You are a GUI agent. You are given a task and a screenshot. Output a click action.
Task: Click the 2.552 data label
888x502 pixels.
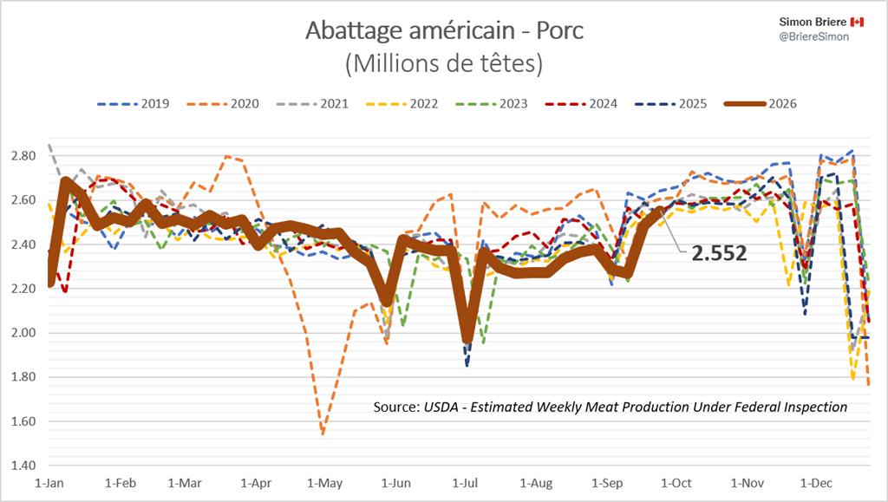pos(719,253)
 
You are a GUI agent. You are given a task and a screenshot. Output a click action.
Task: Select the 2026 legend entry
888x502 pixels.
pos(761,103)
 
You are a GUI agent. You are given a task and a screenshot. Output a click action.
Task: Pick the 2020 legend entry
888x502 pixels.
pos(223,103)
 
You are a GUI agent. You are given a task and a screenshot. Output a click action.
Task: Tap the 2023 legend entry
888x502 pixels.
pos(492,103)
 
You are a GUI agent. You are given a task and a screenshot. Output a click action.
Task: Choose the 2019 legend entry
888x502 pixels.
pos(133,103)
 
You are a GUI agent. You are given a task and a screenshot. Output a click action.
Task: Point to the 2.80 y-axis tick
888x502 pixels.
pos(23,156)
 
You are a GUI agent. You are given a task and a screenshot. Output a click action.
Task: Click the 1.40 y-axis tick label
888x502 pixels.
pos(23,466)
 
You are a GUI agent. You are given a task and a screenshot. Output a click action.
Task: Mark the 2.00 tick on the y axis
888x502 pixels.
pos(23,333)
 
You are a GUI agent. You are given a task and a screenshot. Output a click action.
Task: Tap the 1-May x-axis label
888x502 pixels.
pos(324,483)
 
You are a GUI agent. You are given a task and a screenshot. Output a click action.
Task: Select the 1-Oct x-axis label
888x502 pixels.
pos(676,483)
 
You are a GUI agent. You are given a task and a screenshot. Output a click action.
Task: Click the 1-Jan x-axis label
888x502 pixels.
pos(49,483)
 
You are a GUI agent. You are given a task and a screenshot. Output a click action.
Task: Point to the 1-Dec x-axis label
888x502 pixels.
pos(816,483)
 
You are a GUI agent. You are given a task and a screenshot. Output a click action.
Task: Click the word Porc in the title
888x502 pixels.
pos(559,30)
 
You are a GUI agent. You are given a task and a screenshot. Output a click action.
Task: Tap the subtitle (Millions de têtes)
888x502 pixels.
pos(444,63)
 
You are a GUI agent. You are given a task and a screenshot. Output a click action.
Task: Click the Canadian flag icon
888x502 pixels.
pos(857,22)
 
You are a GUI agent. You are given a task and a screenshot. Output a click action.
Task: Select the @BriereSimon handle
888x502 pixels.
pos(813,36)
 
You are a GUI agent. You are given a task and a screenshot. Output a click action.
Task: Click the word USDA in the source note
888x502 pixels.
pos(441,407)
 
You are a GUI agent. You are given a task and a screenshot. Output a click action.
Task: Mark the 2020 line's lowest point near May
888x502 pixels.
pos(323,434)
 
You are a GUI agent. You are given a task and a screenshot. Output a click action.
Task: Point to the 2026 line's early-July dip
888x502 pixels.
pos(467,340)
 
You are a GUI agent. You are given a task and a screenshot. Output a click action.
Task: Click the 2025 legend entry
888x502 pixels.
pos(671,103)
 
